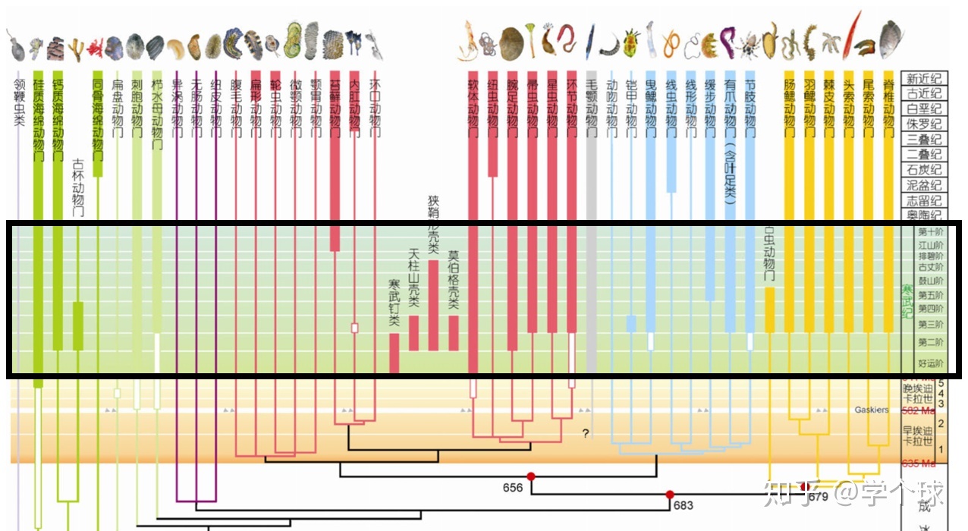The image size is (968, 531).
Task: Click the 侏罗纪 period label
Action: (925, 124)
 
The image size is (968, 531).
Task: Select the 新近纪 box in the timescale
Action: (925, 79)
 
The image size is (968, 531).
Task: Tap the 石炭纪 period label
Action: (925, 170)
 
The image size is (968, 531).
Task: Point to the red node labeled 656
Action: (531, 476)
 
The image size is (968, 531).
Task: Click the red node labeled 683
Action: (670, 495)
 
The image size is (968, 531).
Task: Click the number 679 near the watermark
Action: (818, 497)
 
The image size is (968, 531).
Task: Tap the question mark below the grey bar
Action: (585, 434)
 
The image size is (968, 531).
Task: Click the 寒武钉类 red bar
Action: (394, 353)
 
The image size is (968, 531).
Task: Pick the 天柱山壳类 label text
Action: (413, 278)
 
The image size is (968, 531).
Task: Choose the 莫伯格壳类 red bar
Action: (454, 333)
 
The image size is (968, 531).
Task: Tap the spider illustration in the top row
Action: (750, 45)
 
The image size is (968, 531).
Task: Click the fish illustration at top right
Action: (890, 37)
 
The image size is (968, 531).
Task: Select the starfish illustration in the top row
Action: (830, 43)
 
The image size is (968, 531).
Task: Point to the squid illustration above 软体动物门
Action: (469, 42)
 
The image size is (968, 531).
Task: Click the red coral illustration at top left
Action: (95, 49)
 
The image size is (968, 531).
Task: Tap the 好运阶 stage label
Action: (931, 363)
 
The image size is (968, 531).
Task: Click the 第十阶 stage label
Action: (931, 231)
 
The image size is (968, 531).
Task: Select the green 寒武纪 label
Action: (907, 302)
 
